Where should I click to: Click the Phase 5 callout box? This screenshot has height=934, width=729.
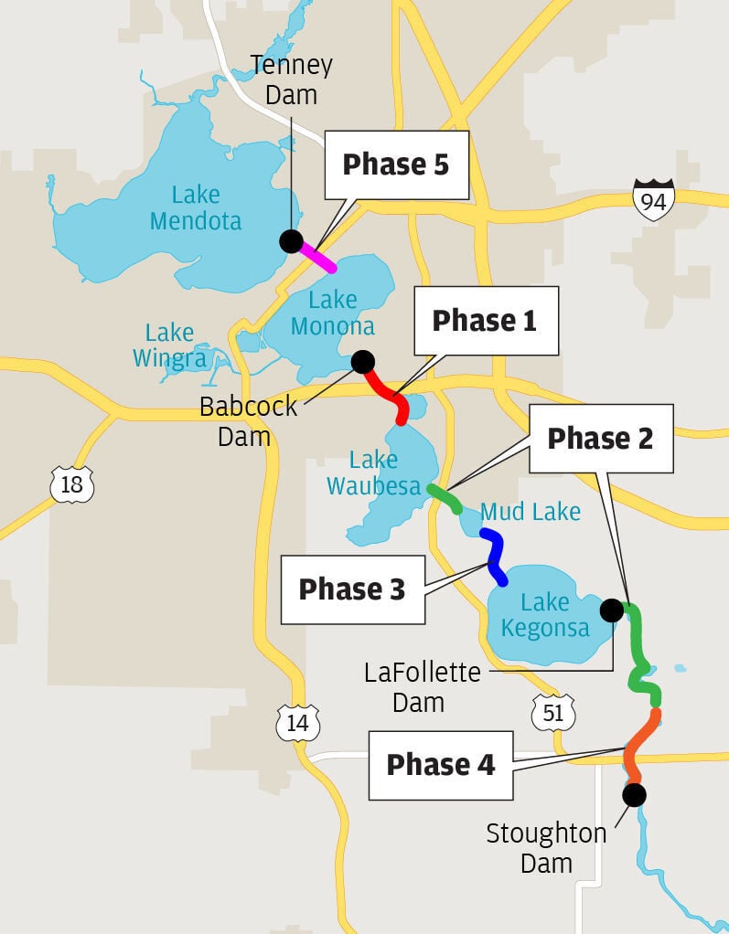click(x=395, y=165)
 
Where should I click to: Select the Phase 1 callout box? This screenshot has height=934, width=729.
click(x=485, y=321)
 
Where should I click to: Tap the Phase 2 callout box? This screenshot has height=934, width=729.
click(x=601, y=439)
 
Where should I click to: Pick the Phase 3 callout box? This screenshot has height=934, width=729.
click(x=352, y=589)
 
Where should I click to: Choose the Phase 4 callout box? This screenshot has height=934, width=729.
click(x=441, y=765)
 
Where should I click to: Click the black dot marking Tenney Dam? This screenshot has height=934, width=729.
click(x=291, y=241)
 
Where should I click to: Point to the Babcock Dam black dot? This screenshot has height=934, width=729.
click(x=363, y=361)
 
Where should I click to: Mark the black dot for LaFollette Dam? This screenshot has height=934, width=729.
click(x=611, y=610)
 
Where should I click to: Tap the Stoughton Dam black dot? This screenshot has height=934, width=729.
click(x=634, y=795)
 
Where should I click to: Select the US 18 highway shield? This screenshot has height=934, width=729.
click(x=71, y=484)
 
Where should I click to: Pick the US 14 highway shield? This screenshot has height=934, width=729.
click(x=298, y=723)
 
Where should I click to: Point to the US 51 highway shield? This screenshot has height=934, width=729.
click(x=553, y=712)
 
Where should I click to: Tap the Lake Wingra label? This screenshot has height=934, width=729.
click(x=169, y=345)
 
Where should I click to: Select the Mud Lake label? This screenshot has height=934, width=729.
click(x=531, y=512)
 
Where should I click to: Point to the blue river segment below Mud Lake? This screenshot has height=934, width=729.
click(x=496, y=557)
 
